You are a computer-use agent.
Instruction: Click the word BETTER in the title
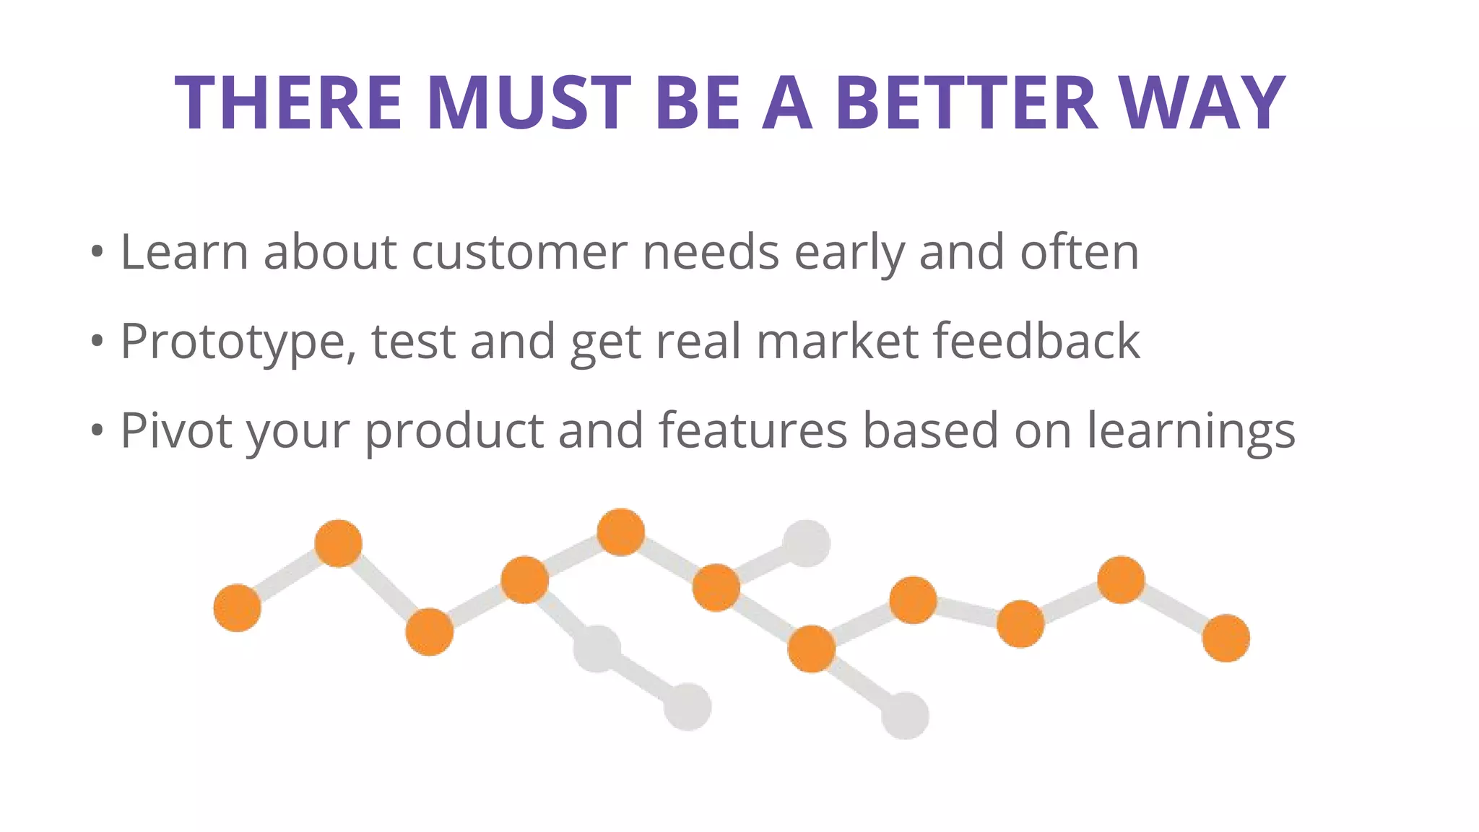pyautogui.click(x=966, y=103)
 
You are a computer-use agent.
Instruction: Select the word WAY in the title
pyautogui.click(x=1202, y=103)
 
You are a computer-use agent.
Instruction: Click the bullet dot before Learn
pyautogui.click(x=97, y=253)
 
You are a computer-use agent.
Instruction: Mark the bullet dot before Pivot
pyautogui.click(x=97, y=431)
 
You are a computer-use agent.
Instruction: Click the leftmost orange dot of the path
pyautogui.click(x=237, y=608)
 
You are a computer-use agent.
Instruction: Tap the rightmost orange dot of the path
pyautogui.click(x=1226, y=638)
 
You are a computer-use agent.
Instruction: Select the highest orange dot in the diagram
pyautogui.click(x=621, y=532)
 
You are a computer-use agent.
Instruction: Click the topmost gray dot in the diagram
pyautogui.click(x=807, y=543)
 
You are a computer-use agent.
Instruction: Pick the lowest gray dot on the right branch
pyautogui.click(x=905, y=715)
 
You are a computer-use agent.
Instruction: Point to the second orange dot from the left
pyautogui.click(x=338, y=543)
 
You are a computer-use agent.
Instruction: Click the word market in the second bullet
pyautogui.click(x=837, y=341)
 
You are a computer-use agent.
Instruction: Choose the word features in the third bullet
pyautogui.click(x=752, y=430)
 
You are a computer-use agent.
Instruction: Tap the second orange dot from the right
pyautogui.click(x=1121, y=579)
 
